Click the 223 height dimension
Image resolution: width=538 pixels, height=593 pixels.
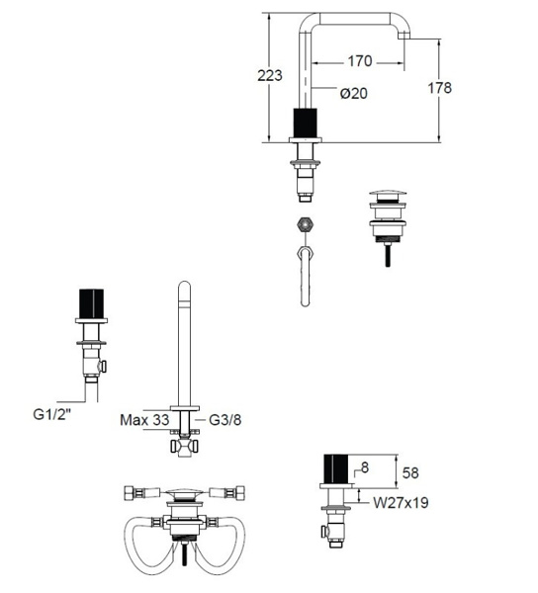[x=270, y=76]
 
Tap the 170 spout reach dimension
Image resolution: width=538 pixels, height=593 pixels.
[x=359, y=61]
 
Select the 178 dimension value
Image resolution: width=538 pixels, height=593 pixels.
[x=440, y=88]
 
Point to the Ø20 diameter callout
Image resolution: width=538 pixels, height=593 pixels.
[x=353, y=93]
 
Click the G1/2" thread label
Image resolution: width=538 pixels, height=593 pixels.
[x=52, y=414]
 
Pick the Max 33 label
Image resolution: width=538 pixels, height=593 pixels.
[x=144, y=420]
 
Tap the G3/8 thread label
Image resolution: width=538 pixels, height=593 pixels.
[x=225, y=420]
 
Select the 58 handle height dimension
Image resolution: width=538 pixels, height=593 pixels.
[x=410, y=473]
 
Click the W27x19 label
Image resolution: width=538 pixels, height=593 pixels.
[x=402, y=503]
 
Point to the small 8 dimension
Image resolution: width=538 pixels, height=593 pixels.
[x=365, y=467]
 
